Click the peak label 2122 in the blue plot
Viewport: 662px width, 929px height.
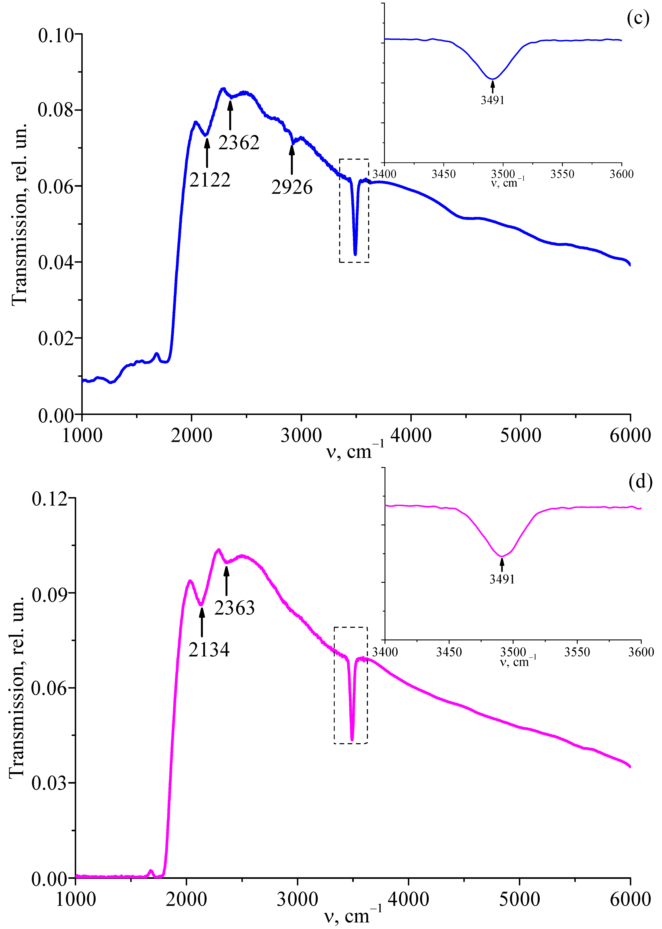pyautogui.click(x=210, y=180)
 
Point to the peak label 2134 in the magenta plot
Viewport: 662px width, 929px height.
pyautogui.click(x=209, y=650)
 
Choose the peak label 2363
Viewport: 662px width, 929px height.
pyautogui.click(x=234, y=608)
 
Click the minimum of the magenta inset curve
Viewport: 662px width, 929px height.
pyautogui.click(x=502, y=556)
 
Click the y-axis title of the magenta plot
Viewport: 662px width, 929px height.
pyautogui.click(x=17, y=689)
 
